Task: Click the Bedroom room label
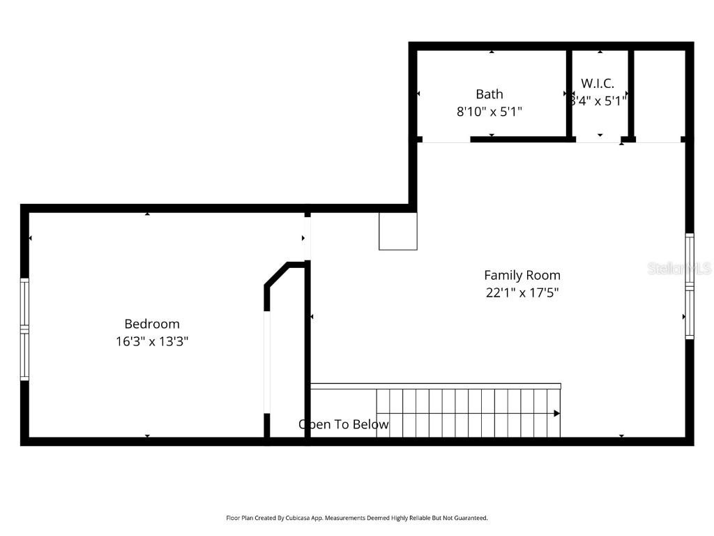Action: pos(152,324)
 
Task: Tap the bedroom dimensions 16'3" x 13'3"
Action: pos(152,342)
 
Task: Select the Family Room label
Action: pos(522,275)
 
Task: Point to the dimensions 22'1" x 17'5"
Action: pos(522,293)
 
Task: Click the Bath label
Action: pos(489,94)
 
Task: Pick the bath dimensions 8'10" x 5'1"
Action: pos(489,111)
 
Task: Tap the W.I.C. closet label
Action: pos(598,83)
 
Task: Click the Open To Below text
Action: pos(344,424)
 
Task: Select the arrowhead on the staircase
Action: pos(556,413)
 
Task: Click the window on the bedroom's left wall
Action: pos(24,329)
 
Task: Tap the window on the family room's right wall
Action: pos(690,285)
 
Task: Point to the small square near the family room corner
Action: pos(398,231)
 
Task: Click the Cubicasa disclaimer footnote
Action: pos(357,518)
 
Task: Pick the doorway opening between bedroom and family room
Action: pos(307,238)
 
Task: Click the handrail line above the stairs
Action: pos(436,386)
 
